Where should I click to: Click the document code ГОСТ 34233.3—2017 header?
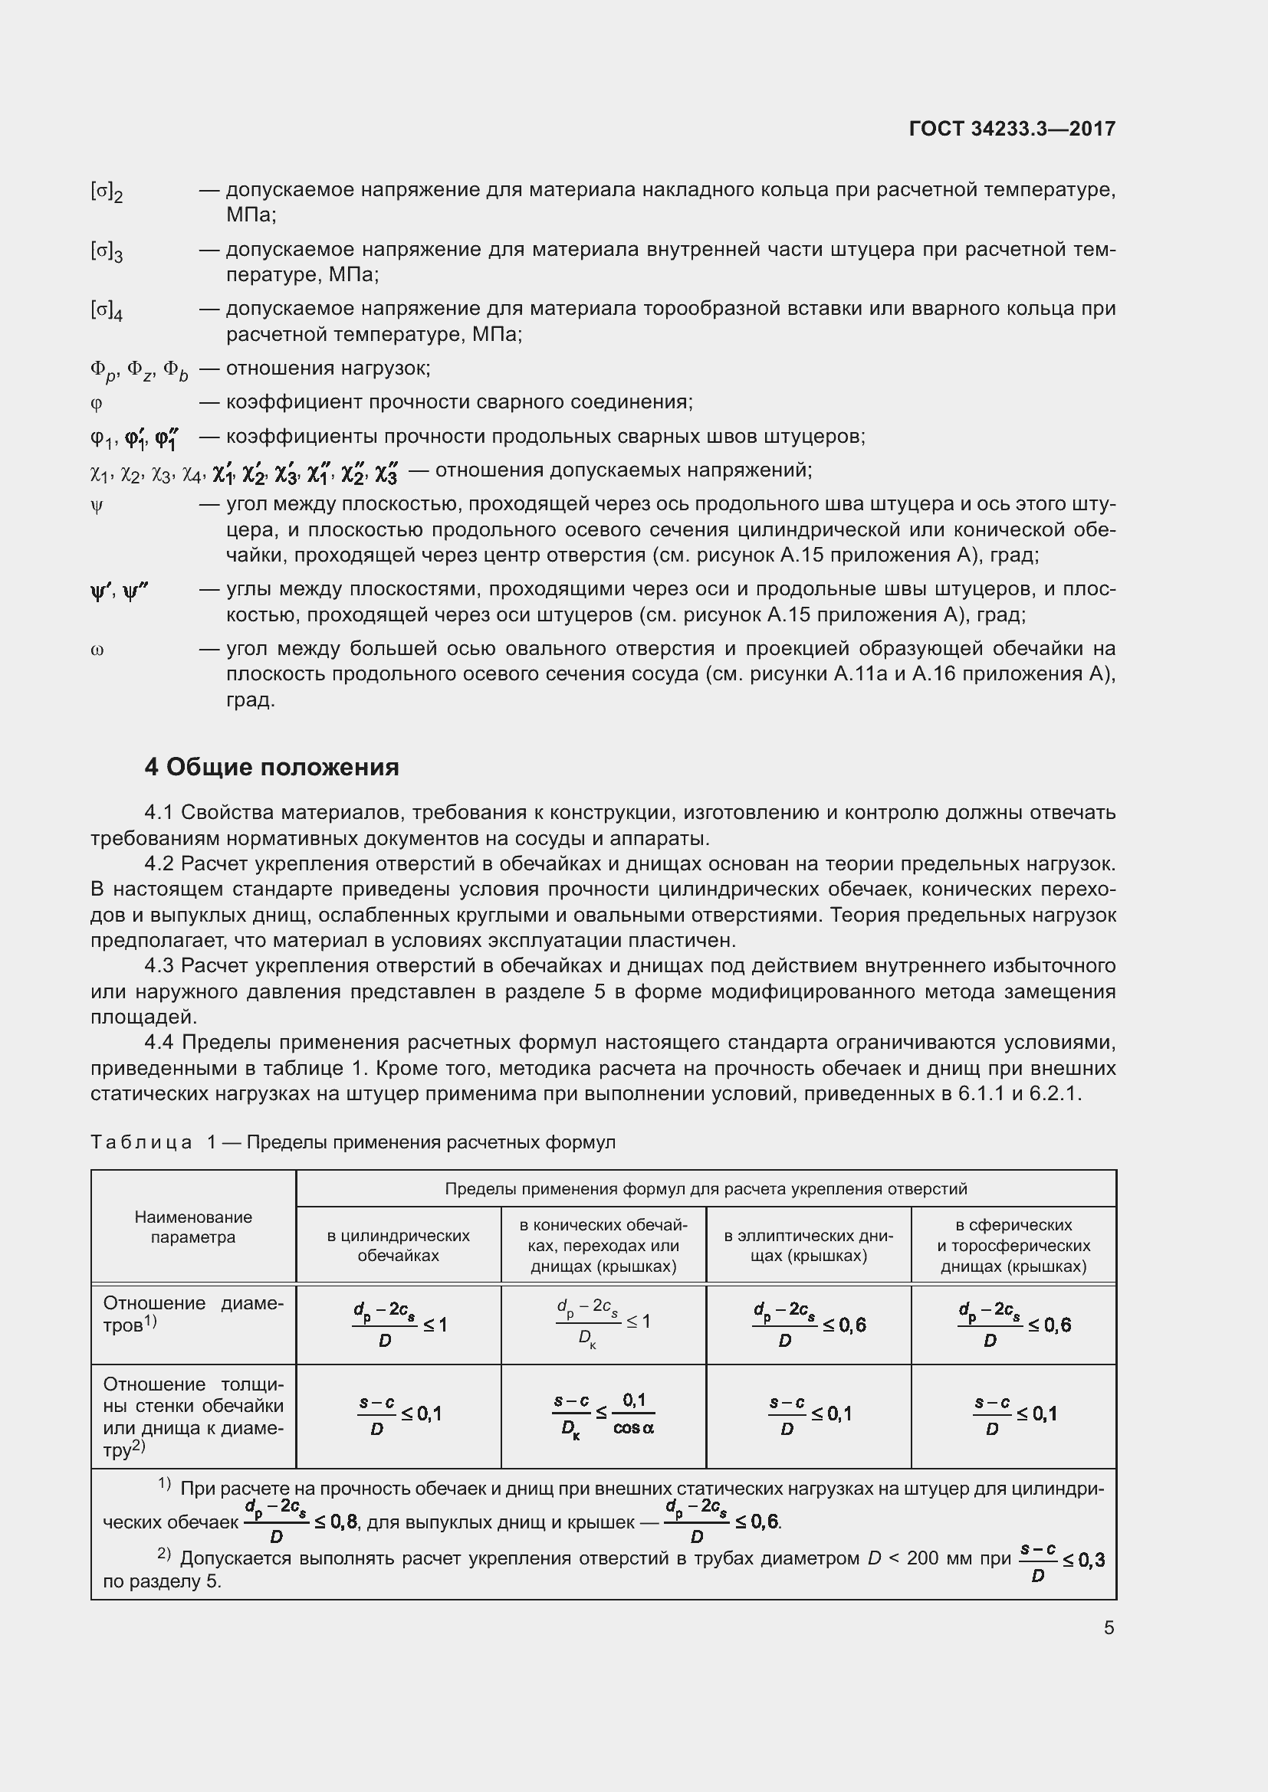(x=1012, y=129)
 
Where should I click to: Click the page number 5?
(x=1109, y=1627)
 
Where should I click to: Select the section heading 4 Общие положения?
(x=271, y=767)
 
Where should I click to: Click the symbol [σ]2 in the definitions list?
(x=107, y=192)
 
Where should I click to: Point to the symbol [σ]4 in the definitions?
(x=107, y=310)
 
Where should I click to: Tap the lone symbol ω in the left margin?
(x=97, y=650)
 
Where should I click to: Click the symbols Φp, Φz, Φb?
(x=139, y=370)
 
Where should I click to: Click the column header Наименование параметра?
(x=193, y=1227)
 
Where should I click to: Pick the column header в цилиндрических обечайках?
(x=398, y=1245)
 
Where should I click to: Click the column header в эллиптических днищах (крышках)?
(x=808, y=1245)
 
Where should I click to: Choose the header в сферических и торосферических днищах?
(x=1013, y=1245)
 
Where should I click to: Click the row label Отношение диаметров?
(x=193, y=1314)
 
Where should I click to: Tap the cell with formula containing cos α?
(x=603, y=1414)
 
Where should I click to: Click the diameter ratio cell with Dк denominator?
(x=603, y=1324)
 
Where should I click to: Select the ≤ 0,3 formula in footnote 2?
(x=1061, y=1560)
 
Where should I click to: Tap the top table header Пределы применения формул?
(x=706, y=1189)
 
